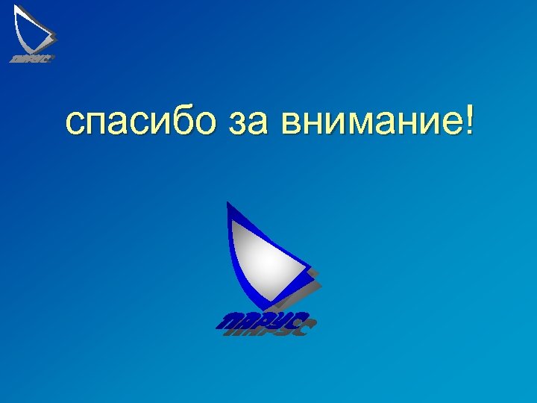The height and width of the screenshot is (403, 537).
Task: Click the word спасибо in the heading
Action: [x=142, y=122]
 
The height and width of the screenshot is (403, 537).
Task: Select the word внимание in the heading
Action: [x=368, y=122]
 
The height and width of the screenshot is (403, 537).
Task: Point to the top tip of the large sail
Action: [x=228, y=203]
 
